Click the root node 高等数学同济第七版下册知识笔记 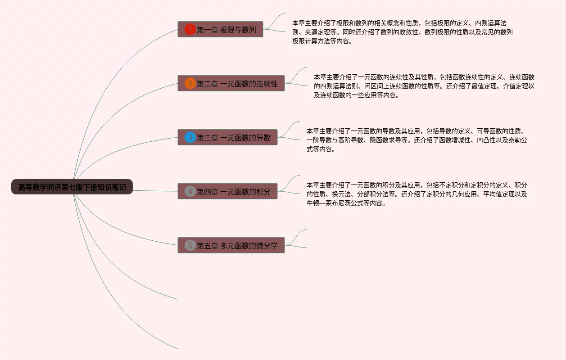[72, 187]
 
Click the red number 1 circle [190, 30]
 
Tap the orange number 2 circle [190, 84]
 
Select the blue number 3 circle [190, 137]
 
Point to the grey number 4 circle [190, 192]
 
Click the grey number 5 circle [190, 246]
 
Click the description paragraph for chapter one [402, 32]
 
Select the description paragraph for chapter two [424, 86]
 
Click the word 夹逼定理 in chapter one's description [317, 32]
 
